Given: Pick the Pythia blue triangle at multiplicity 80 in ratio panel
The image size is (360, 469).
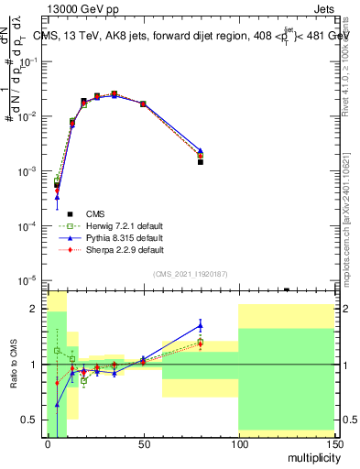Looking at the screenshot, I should (201, 323).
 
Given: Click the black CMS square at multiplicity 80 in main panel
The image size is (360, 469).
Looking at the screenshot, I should (201, 162).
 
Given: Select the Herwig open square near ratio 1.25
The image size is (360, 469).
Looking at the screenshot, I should (57, 351).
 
